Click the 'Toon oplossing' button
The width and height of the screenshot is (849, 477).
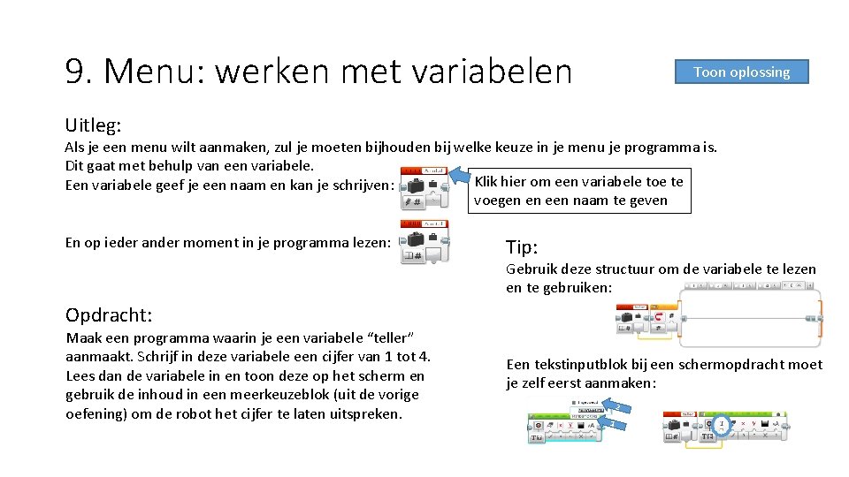click(x=741, y=72)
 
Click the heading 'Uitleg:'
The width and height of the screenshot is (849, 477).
click(x=94, y=127)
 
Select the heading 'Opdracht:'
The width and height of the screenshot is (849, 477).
click(x=109, y=314)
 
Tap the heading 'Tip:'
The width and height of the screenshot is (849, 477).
click(x=522, y=246)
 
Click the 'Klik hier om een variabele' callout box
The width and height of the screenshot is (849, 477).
click(x=579, y=191)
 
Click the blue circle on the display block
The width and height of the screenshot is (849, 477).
click(x=722, y=425)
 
